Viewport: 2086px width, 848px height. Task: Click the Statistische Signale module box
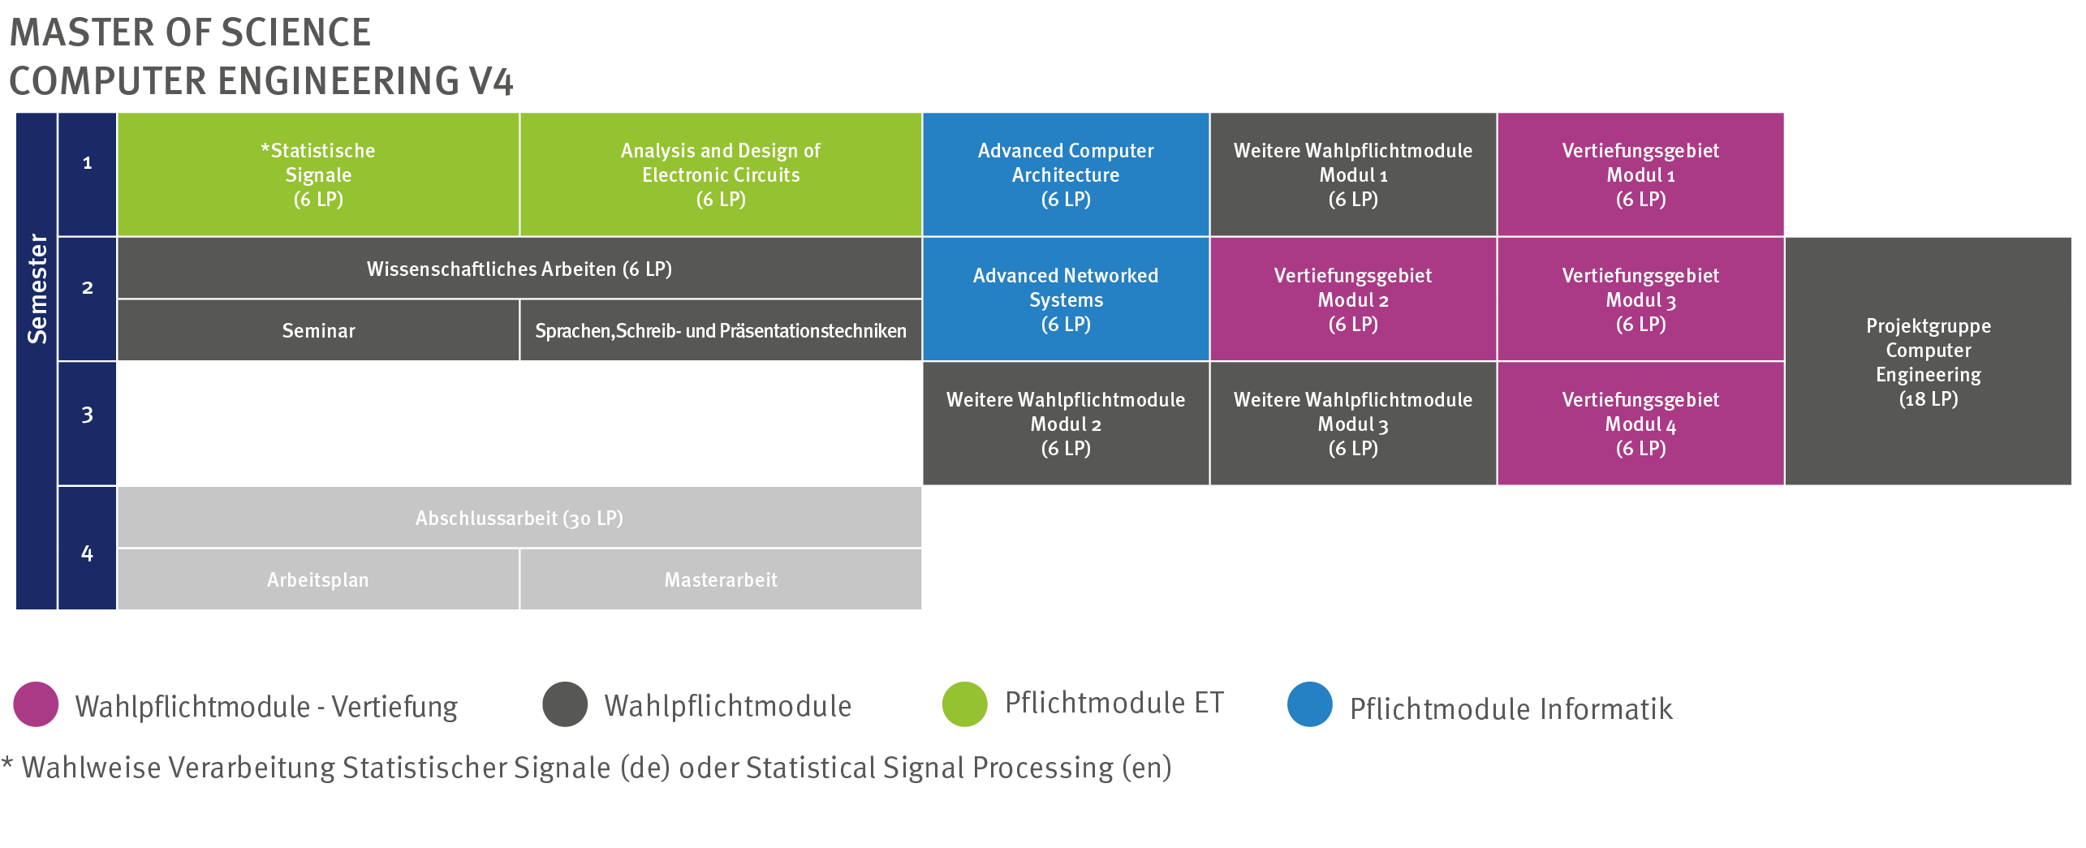click(x=318, y=174)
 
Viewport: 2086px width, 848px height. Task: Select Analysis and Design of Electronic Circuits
click(x=720, y=174)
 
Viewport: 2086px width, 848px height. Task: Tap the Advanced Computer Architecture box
click(x=1065, y=174)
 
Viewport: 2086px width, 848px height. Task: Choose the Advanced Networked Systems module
click(x=1065, y=299)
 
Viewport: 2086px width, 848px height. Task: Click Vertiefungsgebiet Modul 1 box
click(x=1640, y=174)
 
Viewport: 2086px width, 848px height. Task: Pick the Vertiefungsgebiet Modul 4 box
click(x=1640, y=423)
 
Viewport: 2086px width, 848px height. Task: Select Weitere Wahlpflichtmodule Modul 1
click(x=1352, y=174)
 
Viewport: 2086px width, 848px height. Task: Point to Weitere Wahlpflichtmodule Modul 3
click(x=1352, y=423)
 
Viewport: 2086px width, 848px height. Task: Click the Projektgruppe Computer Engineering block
click(x=1928, y=361)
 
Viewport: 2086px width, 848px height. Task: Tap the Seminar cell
click(x=318, y=330)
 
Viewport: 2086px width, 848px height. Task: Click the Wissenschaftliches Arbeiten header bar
click(x=519, y=269)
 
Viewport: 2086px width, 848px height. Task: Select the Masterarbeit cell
click(x=720, y=579)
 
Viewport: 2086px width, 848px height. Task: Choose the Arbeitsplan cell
click(x=318, y=579)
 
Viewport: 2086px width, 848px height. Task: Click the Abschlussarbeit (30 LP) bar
click(x=519, y=518)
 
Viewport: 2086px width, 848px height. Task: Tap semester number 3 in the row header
click(x=87, y=415)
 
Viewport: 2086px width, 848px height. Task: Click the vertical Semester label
click(x=37, y=288)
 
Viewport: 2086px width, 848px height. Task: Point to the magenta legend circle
click(x=36, y=704)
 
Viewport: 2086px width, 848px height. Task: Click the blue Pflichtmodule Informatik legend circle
click(x=1309, y=704)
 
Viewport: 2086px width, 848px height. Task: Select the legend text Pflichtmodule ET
click(x=1114, y=703)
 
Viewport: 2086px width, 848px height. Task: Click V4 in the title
click(x=490, y=81)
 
